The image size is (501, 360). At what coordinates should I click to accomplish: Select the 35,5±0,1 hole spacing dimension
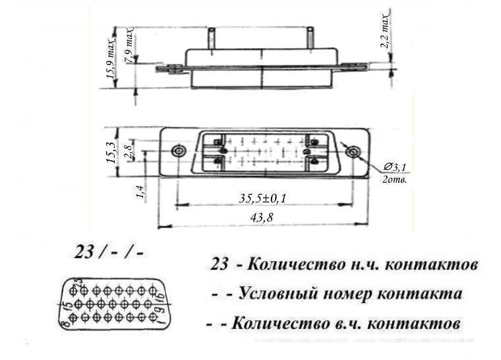[x=267, y=198]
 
